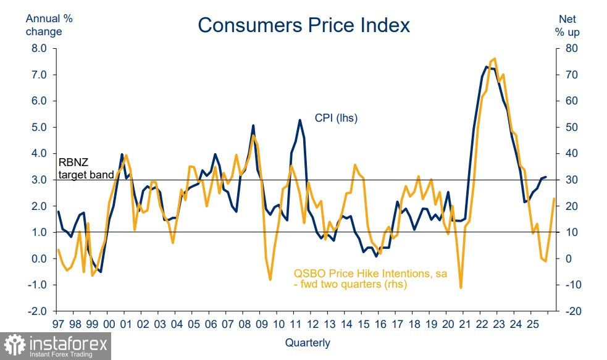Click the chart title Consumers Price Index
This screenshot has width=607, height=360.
303,25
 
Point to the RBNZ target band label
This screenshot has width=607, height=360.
86,169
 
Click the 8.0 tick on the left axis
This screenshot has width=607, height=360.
39,48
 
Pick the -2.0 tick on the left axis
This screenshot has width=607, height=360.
38,311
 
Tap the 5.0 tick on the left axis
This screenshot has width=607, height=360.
39,127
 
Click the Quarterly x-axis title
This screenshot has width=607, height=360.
308,343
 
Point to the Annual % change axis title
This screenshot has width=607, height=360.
49,25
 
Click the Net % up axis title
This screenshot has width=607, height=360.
567,25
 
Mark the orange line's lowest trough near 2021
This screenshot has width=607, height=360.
461,288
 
